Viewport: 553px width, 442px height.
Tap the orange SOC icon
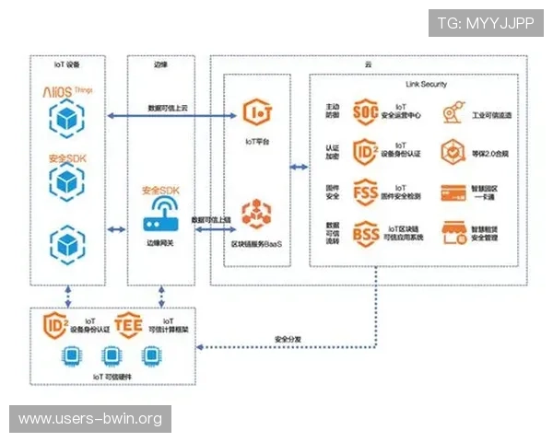point(366,112)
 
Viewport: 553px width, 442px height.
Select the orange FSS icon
point(366,192)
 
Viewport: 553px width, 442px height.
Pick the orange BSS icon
point(366,231)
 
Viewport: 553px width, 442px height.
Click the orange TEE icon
point(129,324)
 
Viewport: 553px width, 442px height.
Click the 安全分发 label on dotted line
point(289,340)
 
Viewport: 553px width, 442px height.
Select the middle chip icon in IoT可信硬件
point(112,356)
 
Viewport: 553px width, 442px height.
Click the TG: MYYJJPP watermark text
point(486,23)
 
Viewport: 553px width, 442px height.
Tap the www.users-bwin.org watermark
point(90,419)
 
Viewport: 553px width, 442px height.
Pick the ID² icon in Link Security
point(366,152)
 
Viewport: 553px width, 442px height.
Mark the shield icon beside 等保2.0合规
point(452,152)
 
